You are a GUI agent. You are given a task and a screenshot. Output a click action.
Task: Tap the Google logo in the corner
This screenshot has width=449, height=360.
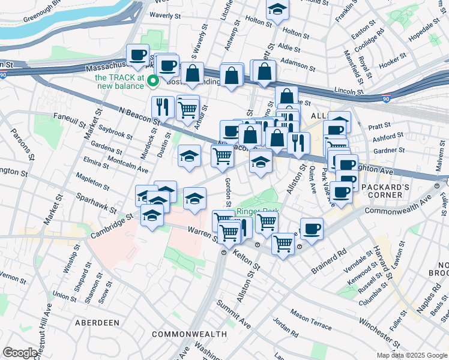(x=20, y=353)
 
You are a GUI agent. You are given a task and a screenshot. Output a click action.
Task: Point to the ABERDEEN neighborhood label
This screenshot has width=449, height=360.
(x=97, y=323)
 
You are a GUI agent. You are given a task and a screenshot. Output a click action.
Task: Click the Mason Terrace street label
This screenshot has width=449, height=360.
(x=310, y=321)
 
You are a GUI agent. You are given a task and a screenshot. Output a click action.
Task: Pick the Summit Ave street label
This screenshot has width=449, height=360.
(x=235, y=314)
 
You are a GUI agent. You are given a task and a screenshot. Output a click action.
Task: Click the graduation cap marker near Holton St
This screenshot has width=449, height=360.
(x=277, y=10)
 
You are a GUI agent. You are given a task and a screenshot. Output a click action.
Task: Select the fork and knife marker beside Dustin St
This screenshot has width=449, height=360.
(x=163, y=107)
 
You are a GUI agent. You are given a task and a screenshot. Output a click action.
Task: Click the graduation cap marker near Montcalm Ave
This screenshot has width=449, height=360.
(x=189, y=157)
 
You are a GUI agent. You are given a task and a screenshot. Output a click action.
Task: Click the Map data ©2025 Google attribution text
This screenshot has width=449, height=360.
(x=412, y=355)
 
